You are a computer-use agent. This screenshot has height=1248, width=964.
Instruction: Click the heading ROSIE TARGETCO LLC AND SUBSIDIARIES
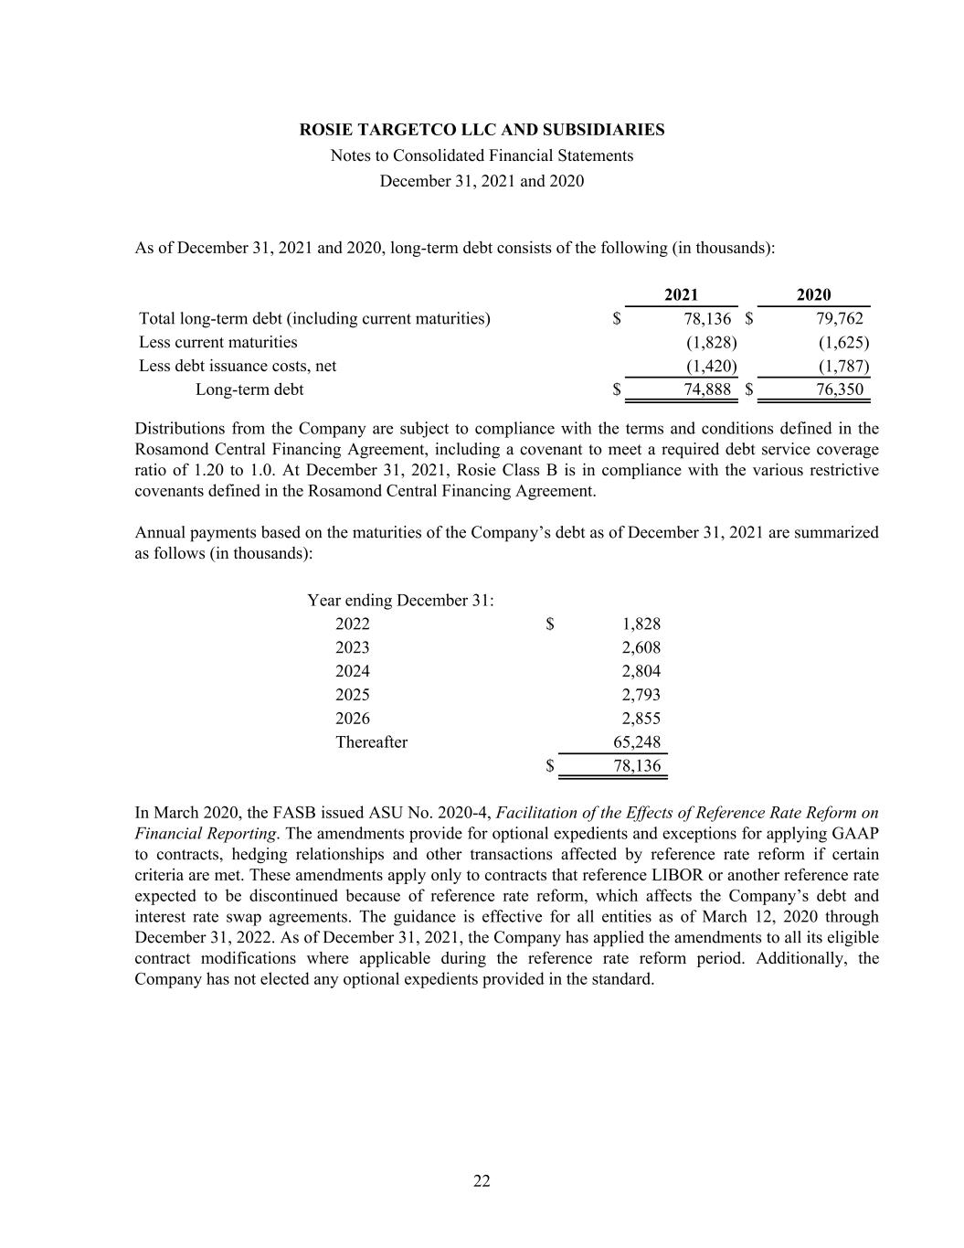482,130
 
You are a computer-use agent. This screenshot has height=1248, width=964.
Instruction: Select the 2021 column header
681,294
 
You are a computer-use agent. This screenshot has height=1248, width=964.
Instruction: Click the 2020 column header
813,294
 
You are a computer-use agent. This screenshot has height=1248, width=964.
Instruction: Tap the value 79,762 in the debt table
839,318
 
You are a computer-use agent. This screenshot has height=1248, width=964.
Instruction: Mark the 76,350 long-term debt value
839,389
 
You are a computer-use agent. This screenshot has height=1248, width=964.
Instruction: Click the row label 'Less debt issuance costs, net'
238,366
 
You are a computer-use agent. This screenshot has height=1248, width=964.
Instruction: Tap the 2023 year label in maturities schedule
353,647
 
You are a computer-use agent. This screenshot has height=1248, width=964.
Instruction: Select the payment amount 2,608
641,647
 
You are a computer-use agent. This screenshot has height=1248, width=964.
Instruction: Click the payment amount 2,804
641,671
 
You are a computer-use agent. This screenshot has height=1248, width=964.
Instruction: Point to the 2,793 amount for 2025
641,695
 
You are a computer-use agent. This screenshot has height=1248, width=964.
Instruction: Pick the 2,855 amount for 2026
641,719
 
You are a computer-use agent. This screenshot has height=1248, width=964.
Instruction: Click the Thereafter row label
371,742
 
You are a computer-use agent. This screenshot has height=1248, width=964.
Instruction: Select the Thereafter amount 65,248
636,742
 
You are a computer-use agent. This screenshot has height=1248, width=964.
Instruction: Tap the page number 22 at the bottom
482,1181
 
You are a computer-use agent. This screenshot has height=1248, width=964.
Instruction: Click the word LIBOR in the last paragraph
668,875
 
